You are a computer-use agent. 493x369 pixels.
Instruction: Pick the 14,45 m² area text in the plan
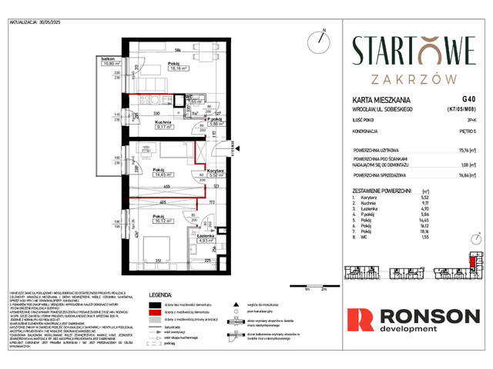pos(162,175)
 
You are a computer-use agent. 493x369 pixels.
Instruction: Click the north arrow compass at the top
pos(320,40)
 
